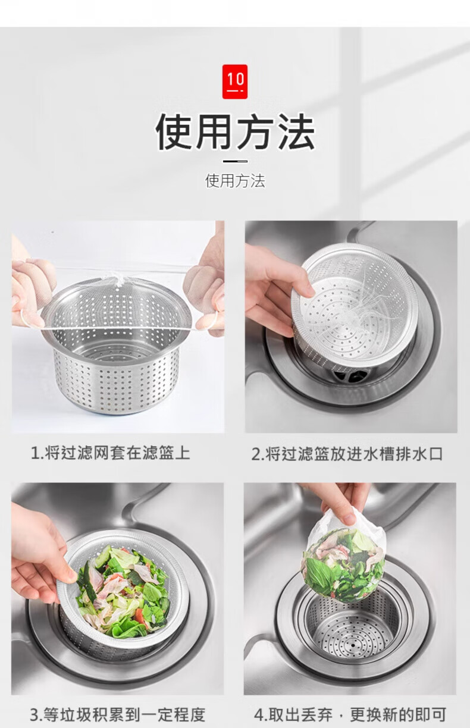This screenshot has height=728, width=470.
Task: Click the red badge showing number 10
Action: tap(234, 81)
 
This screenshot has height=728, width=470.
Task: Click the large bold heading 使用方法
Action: tap(235, 131)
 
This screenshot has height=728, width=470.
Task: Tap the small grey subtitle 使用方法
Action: tap(235, 181)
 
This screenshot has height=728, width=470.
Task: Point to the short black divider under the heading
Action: tap(235, 161)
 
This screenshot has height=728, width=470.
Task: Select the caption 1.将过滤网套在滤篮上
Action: tap(111, 453)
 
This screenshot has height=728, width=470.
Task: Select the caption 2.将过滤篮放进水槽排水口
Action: tap(347, 454)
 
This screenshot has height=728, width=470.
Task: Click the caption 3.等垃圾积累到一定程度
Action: tap(118, 714)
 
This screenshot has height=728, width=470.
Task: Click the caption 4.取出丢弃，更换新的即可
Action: tap(350, 714)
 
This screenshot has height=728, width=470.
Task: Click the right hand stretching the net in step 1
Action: tap(205, 293)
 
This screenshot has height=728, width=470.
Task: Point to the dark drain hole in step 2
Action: tap(349, 375)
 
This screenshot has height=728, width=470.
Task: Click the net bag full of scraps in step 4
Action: tap(344, 556)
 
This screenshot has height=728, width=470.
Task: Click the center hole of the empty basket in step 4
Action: tap(353, 645)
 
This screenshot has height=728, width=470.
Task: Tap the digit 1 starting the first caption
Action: tap(35, 453)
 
